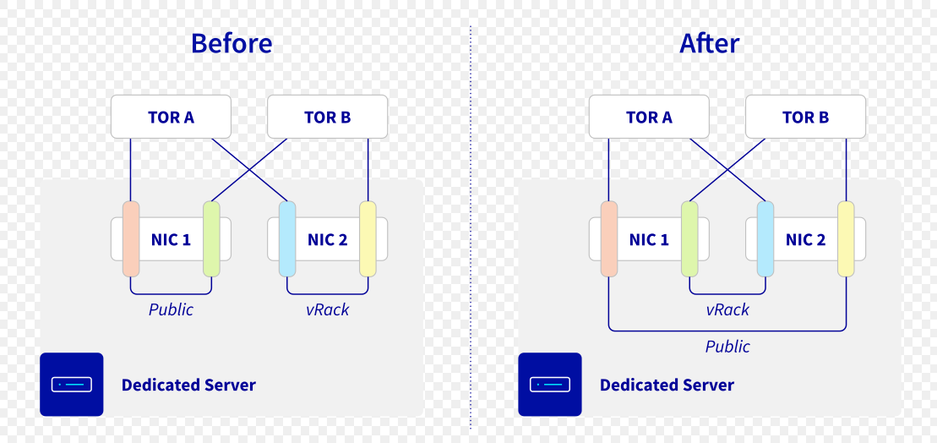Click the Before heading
[232, 43]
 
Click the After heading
[709, 43]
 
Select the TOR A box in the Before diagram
[171, 117]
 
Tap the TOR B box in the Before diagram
[327, 117]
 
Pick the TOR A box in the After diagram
[649, 117]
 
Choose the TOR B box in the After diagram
[805, 117]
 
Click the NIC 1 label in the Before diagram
[171, 239]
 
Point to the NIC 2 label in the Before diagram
[327, 239]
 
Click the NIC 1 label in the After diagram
[649, 239]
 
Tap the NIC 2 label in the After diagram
[805, 239]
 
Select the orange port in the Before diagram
[130, 238]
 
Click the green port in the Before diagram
[211, 238]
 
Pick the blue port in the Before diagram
[286, 238]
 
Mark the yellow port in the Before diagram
[368, 238]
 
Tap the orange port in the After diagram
[608, 238]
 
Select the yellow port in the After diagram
[846, 238]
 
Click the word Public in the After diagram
[727, 347]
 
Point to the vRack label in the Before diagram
[327, 309]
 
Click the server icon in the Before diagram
[71, 385]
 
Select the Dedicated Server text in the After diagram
[667, 386]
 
